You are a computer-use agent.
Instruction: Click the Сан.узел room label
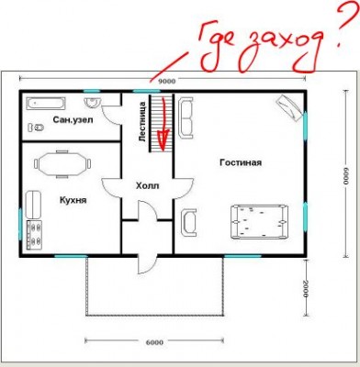click(73, 119)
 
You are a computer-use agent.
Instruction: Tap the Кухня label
click(73, 200)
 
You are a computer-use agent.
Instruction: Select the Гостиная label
click(241, 162)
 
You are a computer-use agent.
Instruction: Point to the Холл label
click(148, 185)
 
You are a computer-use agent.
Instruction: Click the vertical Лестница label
click(142, 121)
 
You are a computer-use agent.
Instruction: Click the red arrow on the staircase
click(163, 124)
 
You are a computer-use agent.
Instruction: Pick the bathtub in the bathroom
click(46, 104)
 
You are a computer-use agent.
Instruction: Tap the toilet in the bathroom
click(36, 128)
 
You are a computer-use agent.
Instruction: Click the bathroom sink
click(93, 102)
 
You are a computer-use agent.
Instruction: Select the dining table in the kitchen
click(62, 164)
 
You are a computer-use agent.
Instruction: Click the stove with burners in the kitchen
click(34, 235)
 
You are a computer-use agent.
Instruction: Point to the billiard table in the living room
click(260, 221)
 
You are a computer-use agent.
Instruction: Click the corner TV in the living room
click(290, 108)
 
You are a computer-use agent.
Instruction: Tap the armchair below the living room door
click(188, 222)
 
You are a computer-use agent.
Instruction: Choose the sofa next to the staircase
click(186, 117)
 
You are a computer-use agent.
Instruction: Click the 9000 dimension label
click(166, 81)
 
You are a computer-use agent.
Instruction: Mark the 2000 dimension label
click(305, 288)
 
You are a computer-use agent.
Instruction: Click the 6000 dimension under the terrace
click(154, 342)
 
